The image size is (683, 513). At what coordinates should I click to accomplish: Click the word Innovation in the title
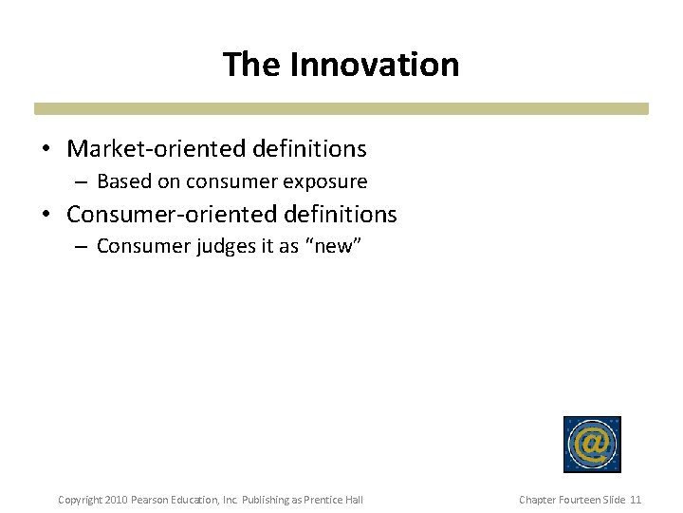375,65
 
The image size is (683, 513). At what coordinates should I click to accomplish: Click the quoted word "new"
331,247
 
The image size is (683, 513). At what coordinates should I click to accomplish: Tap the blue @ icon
592,444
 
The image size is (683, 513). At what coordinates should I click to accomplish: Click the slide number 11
636,500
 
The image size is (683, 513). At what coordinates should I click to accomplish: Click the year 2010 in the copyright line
114,500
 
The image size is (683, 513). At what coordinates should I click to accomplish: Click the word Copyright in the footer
80,500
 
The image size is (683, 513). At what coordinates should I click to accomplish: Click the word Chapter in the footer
537,500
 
